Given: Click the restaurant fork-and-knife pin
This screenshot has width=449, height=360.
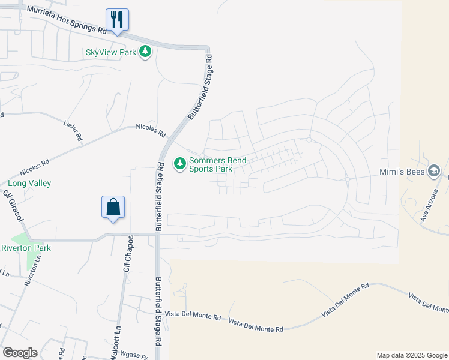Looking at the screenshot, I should click(117, 20).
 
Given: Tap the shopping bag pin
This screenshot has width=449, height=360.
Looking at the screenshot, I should click(113, 208).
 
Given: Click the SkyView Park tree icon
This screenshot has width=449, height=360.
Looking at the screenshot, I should click(145, 52).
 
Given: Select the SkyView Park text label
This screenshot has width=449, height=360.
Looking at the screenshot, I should click(111, 52).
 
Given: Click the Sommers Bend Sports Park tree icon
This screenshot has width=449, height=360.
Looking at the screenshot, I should click(179, 163).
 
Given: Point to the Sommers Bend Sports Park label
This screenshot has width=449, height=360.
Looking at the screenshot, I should click(211, 164).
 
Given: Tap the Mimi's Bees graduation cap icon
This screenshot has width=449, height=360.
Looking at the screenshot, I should click(434, 172).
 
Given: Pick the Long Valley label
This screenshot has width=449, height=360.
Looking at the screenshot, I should click(29, 183).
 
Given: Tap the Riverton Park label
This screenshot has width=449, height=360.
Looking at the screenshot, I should click(26, 248).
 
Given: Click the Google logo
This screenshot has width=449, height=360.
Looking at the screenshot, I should click(20, 353).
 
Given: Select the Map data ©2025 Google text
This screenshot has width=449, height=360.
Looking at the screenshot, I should click(411, 355).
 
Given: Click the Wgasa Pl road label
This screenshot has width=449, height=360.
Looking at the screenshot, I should click(133, 355).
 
